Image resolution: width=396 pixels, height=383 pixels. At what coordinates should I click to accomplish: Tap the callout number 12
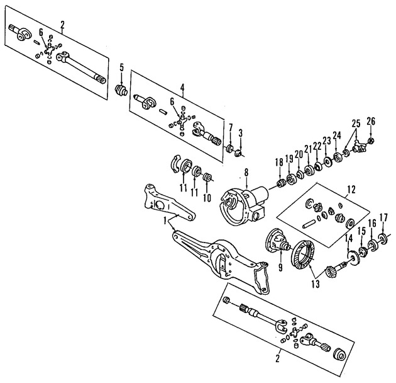(x=350, y=188)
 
